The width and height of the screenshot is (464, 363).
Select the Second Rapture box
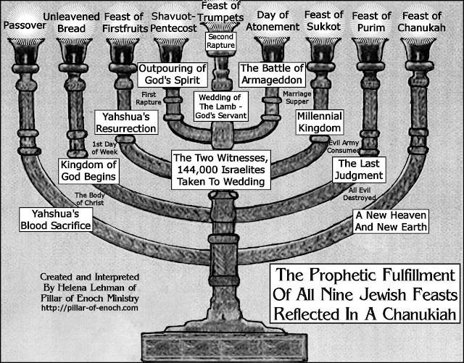228,41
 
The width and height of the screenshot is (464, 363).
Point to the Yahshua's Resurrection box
126,122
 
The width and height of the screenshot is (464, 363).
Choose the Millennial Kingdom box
320,122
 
